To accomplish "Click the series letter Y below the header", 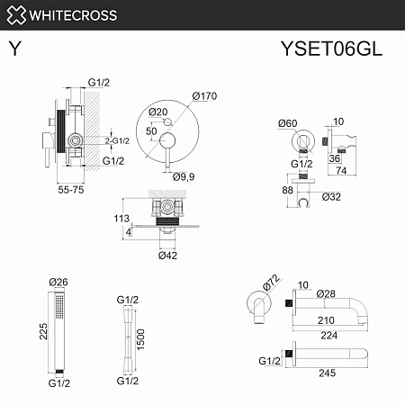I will point(15,49).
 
